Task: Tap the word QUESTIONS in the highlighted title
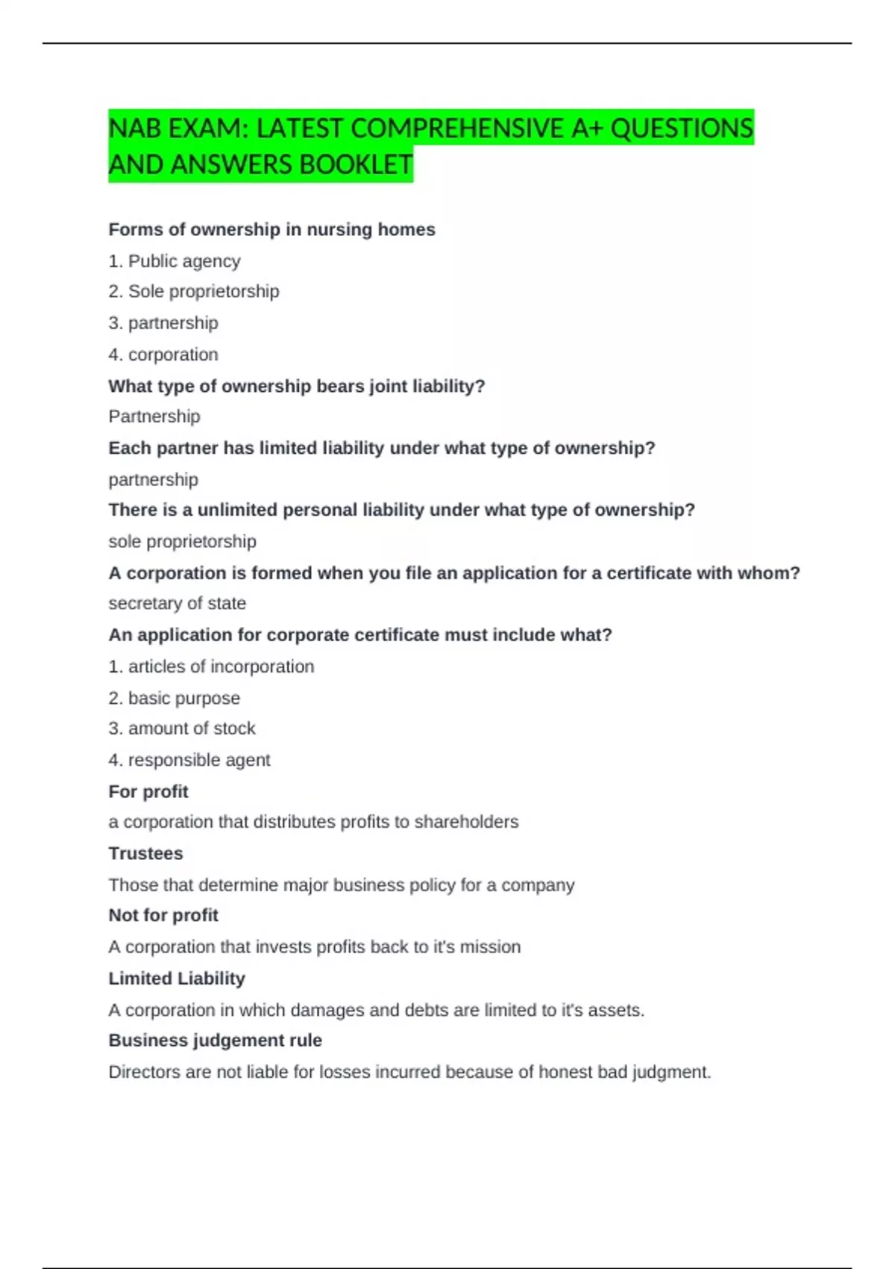click(682, 128)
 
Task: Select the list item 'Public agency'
click(184, 261)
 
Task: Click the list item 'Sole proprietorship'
click(204, 291)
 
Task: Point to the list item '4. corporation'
click(163, 355)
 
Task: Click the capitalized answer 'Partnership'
click(154, 417)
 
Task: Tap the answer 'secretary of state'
click(177, 603)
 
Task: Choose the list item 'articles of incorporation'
click(221, 667)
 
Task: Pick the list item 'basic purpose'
click(184, 698)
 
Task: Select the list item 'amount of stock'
click(192, 728)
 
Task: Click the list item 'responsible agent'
click(199, 760)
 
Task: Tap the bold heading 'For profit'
click(148, 791)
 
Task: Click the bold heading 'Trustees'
click(145, 853)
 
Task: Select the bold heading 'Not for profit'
click(163, 915)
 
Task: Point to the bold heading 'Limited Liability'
click(177, 979)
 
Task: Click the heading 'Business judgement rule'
click(215, 1041)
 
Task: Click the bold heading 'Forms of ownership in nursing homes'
click(271, 229)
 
